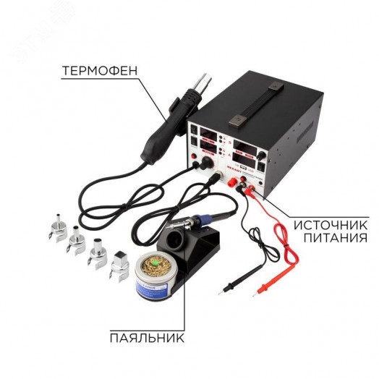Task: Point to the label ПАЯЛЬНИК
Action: [x=146, y=338]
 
